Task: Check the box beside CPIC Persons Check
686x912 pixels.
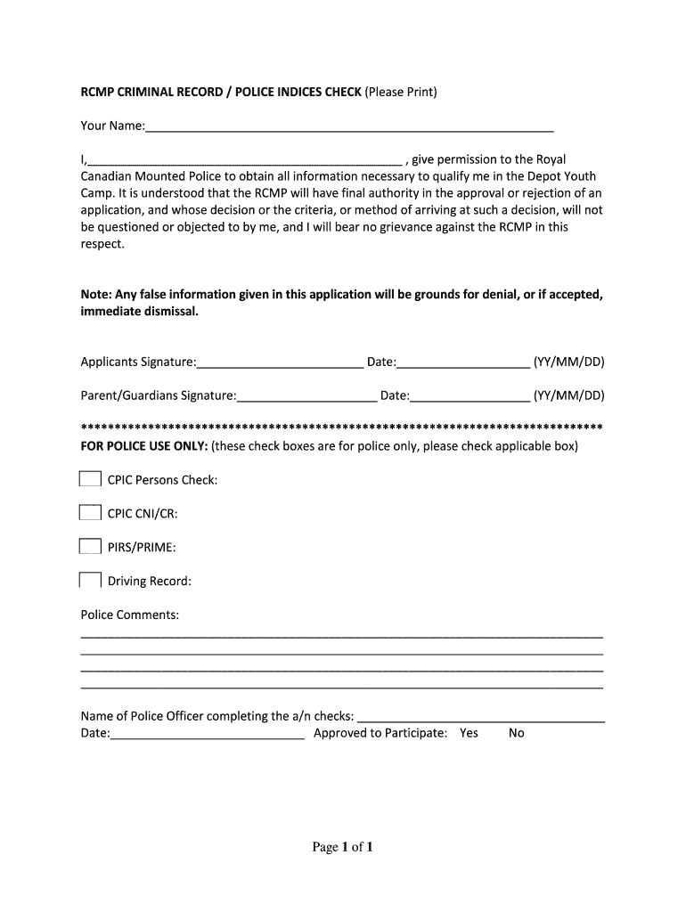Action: [x=90, y=479]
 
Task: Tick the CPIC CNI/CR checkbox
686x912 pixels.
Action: [x=90, y=513]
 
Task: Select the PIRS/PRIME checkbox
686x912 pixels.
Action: [x=90, y=547]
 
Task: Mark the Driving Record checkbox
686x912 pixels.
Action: [x=90, y=581]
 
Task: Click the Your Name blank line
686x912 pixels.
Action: [x=349, y=127]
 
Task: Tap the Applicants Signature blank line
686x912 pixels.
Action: [x=280, y=362]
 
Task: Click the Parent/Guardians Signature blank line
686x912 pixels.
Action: [x=307, y=396]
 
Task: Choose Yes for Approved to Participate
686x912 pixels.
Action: [x=469, y=733]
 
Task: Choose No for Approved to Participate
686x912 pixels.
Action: [x=517, y=733]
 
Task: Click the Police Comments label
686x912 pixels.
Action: [x=130, y=615]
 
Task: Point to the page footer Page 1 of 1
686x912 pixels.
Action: [x=342, y=847]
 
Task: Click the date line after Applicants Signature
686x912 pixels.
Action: [x=463, y=362]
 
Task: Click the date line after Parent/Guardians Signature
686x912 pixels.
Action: [x=470, y=396]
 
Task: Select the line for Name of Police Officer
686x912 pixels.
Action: [x=481, y=717]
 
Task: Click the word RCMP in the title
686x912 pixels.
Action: [x=98, y=92]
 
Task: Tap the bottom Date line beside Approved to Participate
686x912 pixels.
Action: [x=208, y=734]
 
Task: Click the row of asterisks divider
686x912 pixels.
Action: [x=342, y=426]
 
